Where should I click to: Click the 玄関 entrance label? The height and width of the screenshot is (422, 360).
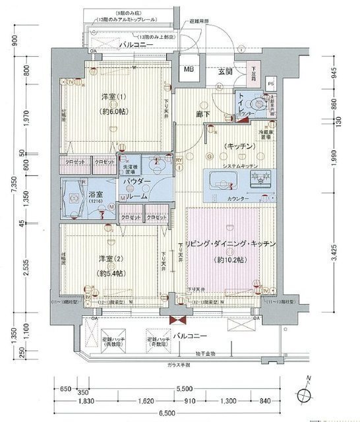coord(226,71)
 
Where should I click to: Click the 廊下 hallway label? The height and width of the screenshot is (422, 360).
coord(204,114)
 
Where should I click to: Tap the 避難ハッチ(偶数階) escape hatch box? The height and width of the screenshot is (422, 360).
coord(113,341)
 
